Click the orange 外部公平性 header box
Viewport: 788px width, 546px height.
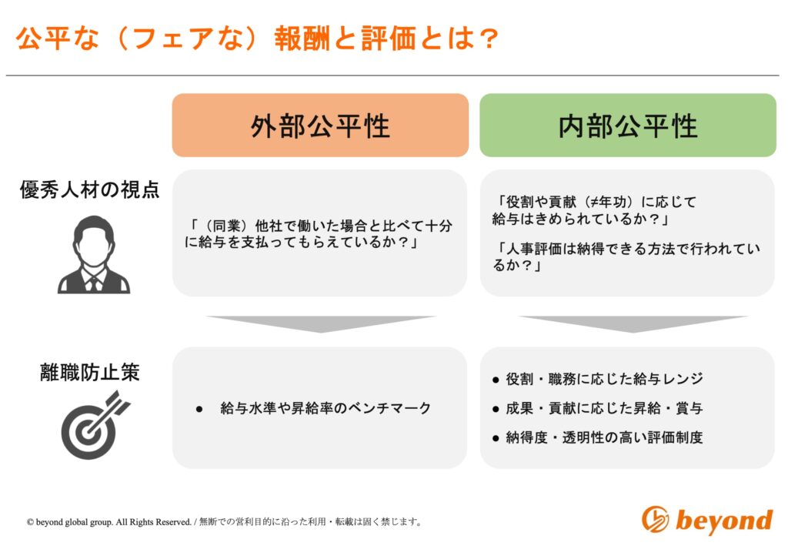click(320, 126)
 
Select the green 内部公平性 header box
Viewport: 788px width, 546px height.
click(628, 126)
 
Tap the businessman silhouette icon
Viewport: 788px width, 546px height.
click(94, 254)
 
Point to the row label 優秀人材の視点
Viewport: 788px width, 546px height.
click(89, 189)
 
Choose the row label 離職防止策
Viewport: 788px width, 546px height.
click(89, 373)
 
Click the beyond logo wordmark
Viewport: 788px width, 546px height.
click(723, 520)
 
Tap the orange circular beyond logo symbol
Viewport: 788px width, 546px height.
click(656, 519)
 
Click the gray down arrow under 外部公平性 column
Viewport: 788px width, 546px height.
click(321, 323)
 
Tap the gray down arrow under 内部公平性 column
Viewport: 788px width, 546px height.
click(633, 323)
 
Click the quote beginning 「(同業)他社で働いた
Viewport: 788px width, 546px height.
click(319, 234)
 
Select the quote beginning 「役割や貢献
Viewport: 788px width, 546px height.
click(595, 210)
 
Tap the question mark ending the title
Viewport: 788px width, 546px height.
click(487, 39)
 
